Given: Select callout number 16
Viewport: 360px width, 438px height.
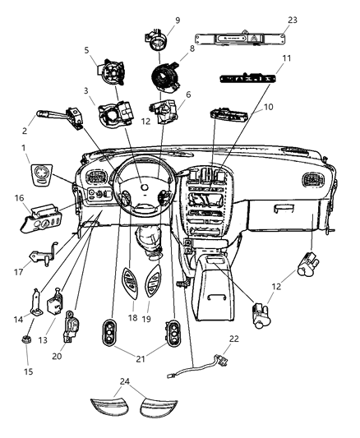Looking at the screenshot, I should (18, 198).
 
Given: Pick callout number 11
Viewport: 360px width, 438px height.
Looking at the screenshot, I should (263, 59).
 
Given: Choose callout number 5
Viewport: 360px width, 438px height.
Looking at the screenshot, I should (87, 50).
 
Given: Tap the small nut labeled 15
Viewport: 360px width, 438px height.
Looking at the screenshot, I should (27, 336).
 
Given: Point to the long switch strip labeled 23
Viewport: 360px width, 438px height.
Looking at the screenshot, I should (239, 39).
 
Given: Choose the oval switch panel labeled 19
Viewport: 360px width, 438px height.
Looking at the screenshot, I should (152, 286).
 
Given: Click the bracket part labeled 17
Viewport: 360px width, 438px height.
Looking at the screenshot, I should (44, 257).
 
